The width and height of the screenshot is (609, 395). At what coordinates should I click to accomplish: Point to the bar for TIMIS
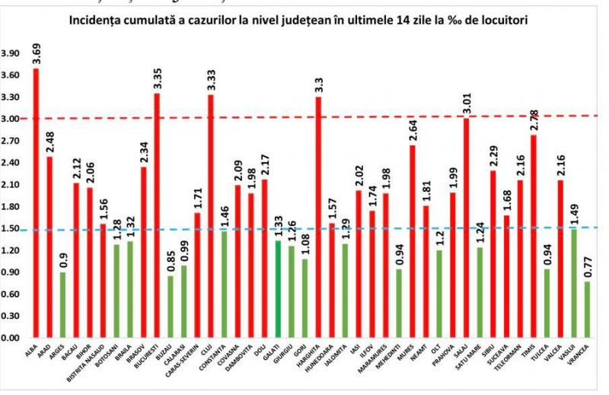tap(535, 236)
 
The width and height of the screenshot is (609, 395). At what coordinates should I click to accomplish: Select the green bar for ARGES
tap(62, 304)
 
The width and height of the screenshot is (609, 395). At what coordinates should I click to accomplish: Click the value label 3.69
tap(37, 53)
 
